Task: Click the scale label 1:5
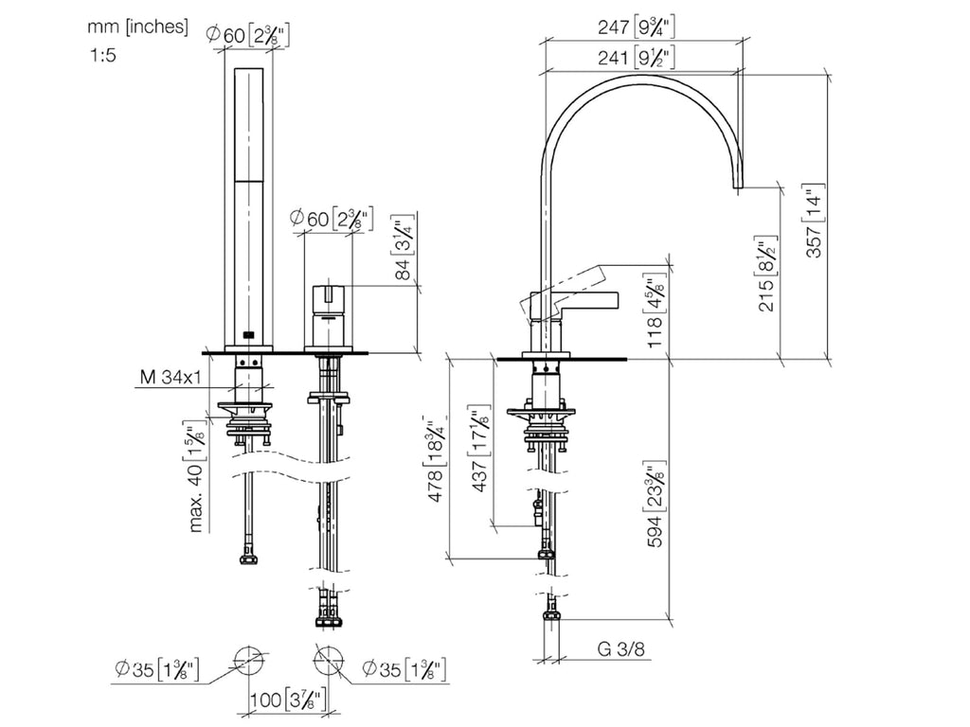[x=102, y=56]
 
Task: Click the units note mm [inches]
[x=137, y=27]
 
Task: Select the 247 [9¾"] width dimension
[x=636, y=27]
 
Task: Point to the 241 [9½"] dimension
[x=636, y=58]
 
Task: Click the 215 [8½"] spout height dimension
[x=767, y=275]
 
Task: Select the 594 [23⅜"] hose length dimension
[x=656, y=504]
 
